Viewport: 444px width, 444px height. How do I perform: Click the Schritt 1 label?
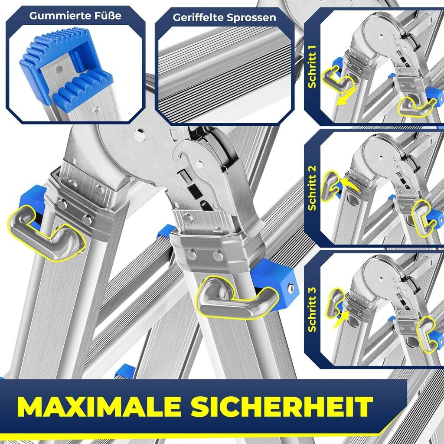312,66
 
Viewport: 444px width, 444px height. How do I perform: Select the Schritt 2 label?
312,188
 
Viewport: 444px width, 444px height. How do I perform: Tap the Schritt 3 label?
312,310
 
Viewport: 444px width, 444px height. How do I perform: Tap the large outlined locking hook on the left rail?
45,235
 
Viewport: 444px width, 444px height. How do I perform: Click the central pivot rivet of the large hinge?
140,135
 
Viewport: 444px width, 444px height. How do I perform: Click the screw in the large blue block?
291,288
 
